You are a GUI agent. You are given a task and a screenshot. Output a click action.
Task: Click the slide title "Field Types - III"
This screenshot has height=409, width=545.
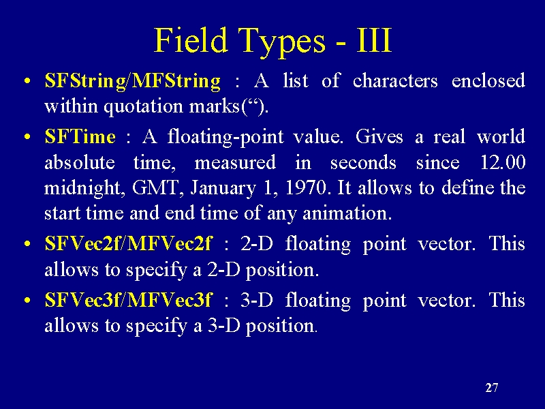pyautogui.click(x=273, y=41)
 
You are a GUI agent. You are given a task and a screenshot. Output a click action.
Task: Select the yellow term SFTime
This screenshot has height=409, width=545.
pyautogui.click(x=80, y=136)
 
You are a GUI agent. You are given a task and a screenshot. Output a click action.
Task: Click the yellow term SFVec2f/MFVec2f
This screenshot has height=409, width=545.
pyautogui.click(x=127, y=243)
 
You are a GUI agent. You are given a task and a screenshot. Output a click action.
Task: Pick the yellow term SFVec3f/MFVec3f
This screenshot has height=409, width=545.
pyautogui.click(x=127, y=300)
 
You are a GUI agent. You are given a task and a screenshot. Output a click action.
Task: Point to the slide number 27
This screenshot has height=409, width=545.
pyautogui.click(x=492, y=387)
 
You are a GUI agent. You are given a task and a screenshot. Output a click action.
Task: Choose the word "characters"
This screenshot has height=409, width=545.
pyautogui.click(x=395, y=80)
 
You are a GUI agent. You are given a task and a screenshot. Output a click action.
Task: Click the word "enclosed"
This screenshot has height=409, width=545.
pyautogui.click(x=488, y=80)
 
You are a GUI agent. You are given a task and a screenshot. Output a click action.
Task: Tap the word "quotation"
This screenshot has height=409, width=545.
pyautogui.click(x=143, y=106)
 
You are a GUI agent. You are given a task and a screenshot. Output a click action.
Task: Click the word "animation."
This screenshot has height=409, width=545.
pyautogui.click(x=347, y=213)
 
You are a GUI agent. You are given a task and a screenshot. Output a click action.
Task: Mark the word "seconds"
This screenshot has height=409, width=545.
pyautogui.click(x=363, y=162)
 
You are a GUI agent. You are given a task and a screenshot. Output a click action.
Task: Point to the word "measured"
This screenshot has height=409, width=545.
pyautogui.click(x=235, y=162)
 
